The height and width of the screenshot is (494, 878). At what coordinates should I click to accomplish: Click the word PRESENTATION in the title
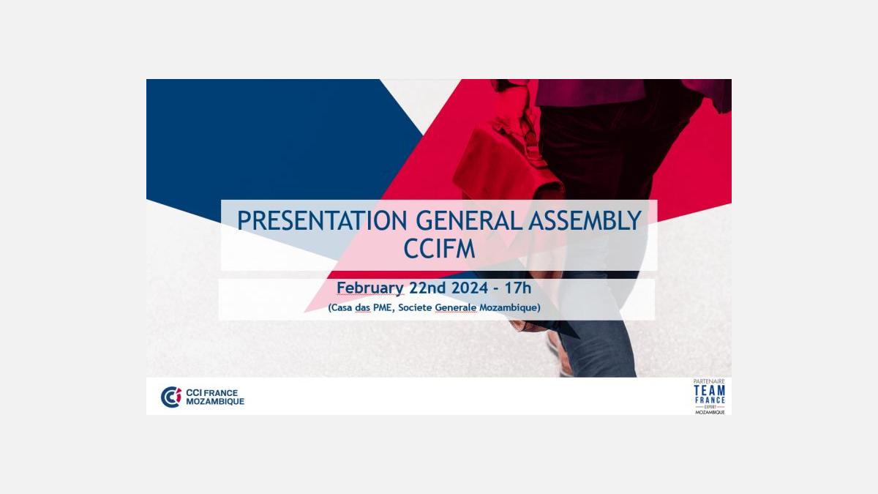click(x=322, y=220)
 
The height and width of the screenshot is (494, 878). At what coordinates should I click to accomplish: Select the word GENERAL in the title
click(x=469, y=220)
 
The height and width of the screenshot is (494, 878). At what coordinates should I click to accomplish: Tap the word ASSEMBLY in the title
click(x=585, y=220)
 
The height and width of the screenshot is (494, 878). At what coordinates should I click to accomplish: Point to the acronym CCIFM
click(x=440, y=249)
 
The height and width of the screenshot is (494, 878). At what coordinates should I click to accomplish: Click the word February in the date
click(x=369, y=288)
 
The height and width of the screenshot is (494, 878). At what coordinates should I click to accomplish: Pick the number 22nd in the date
click(x=427, y=288)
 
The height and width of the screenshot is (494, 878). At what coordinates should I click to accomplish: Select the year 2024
click(x=470, y=288)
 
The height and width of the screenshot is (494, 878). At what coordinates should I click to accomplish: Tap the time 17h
click(x=517, y=288)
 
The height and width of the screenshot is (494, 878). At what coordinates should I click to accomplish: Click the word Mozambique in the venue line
click(x=509, y=308)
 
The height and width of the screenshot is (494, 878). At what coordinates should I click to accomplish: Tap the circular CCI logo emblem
click(x=171, y=397)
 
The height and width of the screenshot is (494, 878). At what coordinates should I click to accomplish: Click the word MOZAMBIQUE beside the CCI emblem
click(x=215, y=402)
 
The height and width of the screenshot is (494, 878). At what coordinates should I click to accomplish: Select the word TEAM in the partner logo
click(x=710, y=391)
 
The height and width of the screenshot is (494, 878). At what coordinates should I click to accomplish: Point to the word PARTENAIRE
click(x=709, y=381)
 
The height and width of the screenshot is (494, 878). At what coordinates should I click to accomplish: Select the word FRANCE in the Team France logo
click(x=710, y=400)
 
